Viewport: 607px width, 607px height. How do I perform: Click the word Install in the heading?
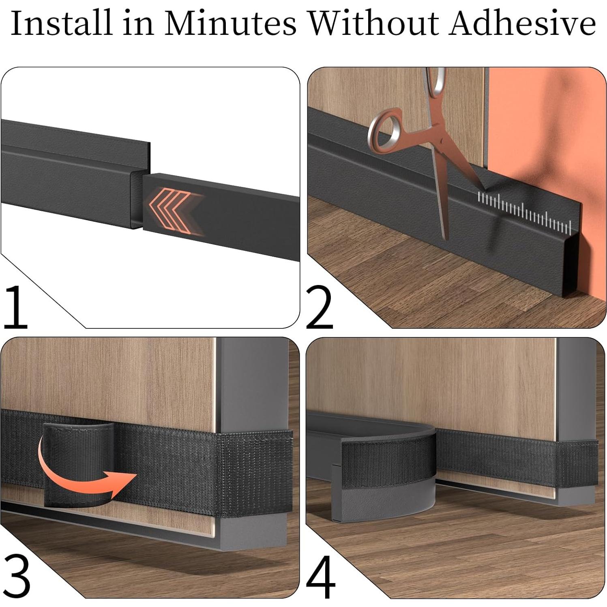tap(60, 24)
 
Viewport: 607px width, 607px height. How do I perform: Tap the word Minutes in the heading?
tap(230, 24)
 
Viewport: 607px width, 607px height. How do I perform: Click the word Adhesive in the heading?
tap(522, 24)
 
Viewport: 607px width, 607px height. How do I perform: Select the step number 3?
tap(16, 575)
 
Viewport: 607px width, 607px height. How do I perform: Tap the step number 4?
tap(320, 576)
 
